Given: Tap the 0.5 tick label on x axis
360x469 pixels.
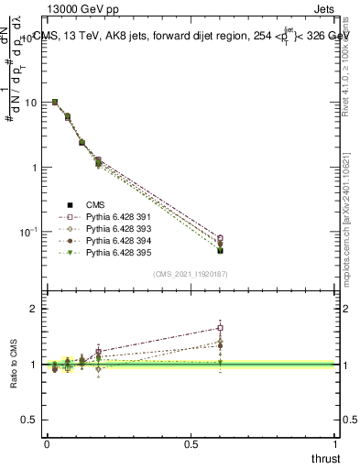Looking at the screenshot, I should [191, 443].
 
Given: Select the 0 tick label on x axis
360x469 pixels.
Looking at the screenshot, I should [47, 443].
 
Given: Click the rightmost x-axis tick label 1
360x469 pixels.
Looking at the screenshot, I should [335, 443].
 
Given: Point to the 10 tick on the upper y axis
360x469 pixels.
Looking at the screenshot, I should [30, 103].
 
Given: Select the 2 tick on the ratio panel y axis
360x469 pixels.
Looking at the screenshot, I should [34, 309].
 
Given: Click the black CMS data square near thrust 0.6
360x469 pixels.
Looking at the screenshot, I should [220, 250].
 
